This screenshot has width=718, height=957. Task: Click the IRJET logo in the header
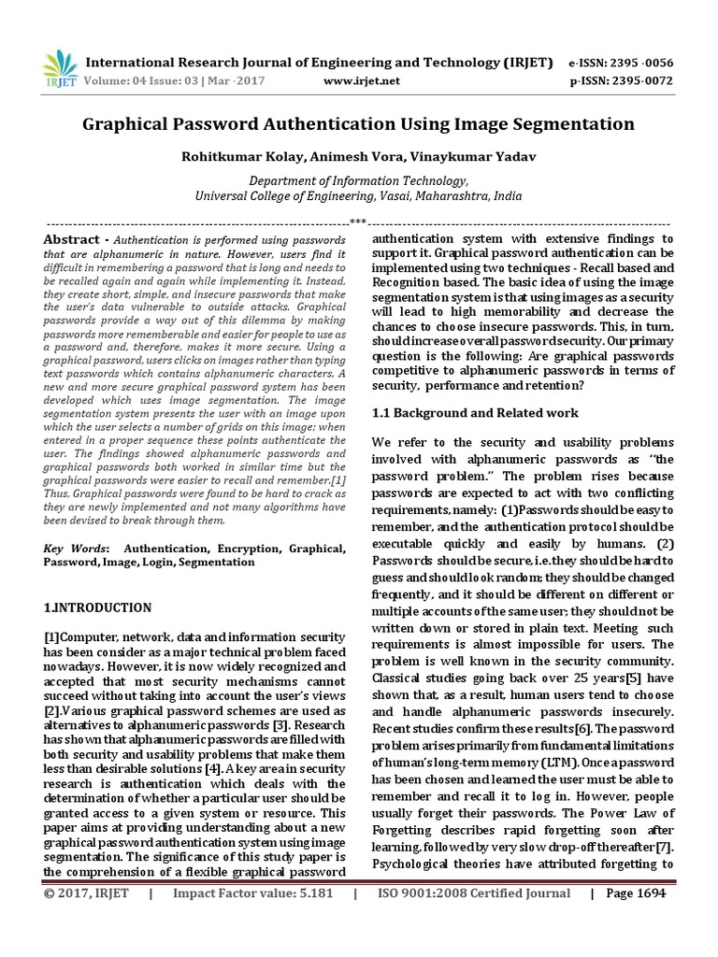59,68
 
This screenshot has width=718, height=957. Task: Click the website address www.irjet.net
361,80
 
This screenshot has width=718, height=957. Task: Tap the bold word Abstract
70,240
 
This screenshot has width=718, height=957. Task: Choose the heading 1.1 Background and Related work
475,412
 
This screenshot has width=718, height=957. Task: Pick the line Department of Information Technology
359,181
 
